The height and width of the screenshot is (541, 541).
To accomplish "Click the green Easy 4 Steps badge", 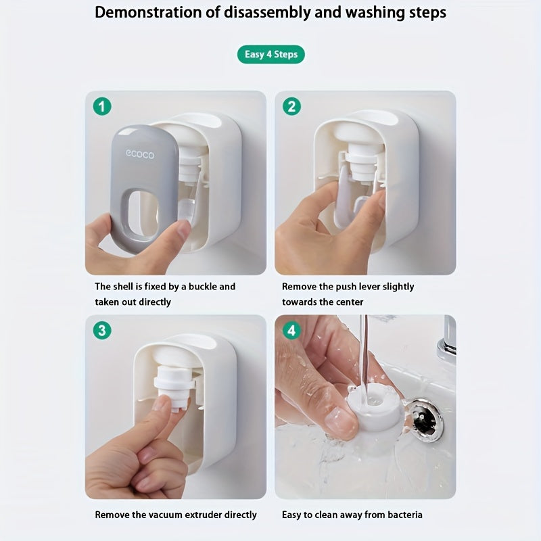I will tap(270, 54).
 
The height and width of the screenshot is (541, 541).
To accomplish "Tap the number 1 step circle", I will tap(102, 106).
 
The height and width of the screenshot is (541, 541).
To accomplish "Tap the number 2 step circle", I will tap(291, 106).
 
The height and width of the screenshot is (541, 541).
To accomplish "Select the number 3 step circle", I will tap(102, 331).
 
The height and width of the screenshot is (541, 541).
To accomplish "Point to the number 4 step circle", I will tap(291, 331).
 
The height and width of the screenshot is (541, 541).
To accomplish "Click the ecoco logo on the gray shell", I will tap(140, 154).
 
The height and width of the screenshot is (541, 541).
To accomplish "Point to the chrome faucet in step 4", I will tap(446, 342).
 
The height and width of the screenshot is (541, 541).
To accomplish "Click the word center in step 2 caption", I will tap(348, 302).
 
